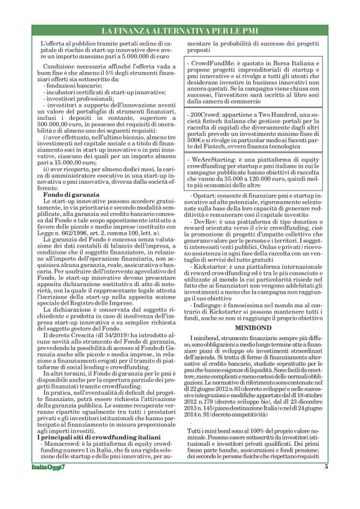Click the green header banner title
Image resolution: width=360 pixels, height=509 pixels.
click(x=179, y=30)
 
